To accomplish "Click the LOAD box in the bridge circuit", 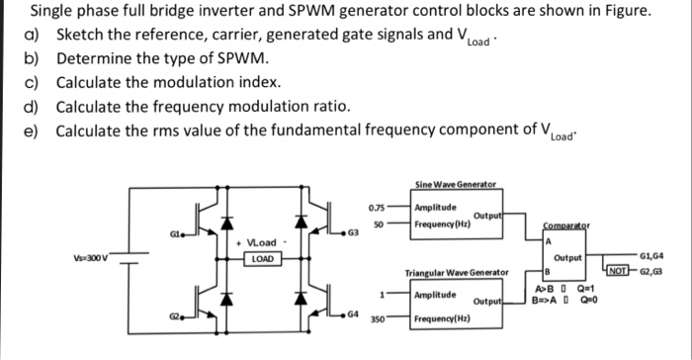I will tap(262, 260).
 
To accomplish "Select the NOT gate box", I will tap(618, 269).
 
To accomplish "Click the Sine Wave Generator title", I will tap(456, 185).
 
